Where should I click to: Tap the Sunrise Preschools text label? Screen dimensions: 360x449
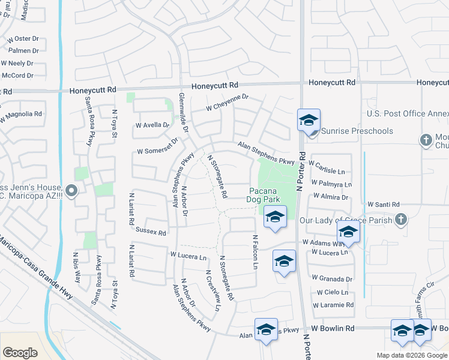pos(357,131)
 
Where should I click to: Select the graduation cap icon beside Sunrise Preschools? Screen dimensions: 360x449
pos(309,121)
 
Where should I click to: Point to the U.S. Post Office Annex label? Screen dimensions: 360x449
pos(408,113)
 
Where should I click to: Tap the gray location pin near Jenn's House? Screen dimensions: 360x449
pos(71,192)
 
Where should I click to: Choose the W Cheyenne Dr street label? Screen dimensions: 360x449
pos(227,102)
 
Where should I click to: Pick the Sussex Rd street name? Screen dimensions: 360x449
pos(151,231)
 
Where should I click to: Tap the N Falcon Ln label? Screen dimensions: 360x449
pos(255,251)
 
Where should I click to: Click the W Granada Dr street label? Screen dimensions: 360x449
pos(331,279)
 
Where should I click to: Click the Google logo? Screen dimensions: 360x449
pos(20,352)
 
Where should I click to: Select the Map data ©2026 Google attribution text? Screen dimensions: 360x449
pos(411,355)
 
